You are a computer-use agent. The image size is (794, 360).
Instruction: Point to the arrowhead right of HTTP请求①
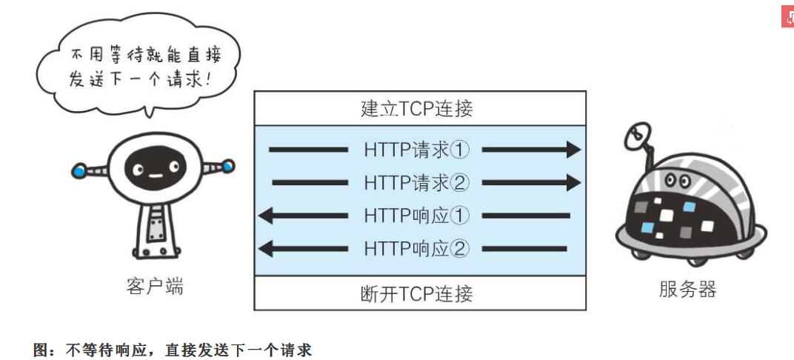click(573, 150)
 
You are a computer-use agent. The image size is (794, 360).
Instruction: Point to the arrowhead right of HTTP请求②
click(573, 181)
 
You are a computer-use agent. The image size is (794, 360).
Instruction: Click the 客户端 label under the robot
click(155, 287)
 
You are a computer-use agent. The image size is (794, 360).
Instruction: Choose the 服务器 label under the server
click(687, 289)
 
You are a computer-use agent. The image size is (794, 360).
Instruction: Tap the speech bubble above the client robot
click(141, 67)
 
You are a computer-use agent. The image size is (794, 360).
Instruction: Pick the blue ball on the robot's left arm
click(79, 172)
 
